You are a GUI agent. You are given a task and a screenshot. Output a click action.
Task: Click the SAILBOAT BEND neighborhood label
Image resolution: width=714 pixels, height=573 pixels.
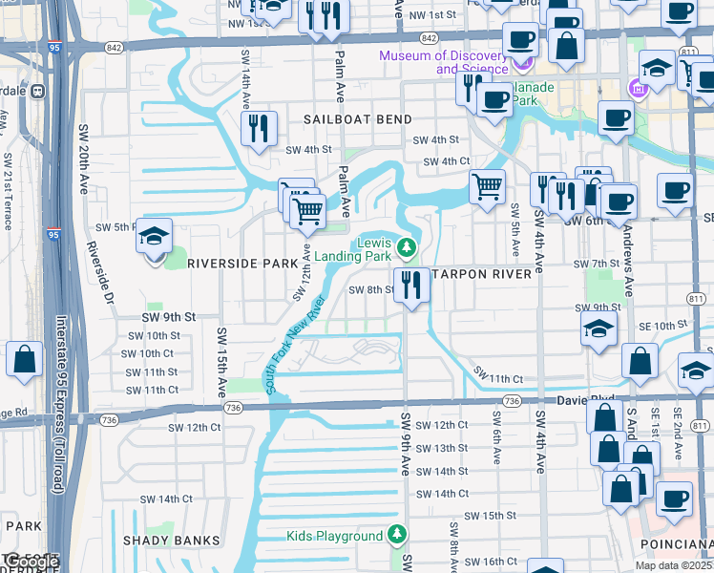(358, 119)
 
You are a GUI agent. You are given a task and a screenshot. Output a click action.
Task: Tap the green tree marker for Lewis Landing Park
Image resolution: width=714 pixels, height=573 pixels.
(408, 249)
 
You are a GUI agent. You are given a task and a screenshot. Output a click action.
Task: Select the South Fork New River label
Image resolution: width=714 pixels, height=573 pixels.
(296, 345)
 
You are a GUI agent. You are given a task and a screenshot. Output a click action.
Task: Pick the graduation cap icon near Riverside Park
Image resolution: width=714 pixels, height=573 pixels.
(153, 237)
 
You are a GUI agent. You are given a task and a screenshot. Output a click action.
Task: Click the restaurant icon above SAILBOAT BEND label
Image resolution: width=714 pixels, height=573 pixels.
(259, 128)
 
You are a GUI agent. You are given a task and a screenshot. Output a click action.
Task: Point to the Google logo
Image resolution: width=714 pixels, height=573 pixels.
(31, 562)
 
